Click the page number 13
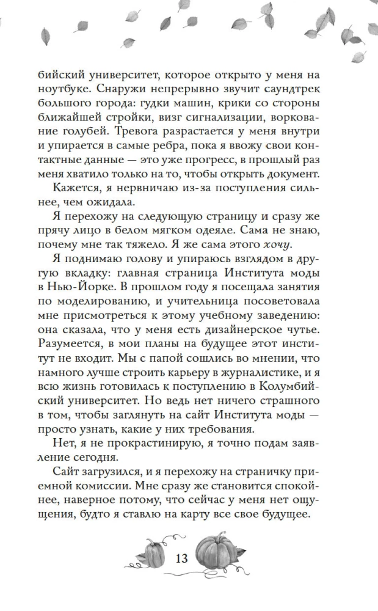point(181,559)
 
